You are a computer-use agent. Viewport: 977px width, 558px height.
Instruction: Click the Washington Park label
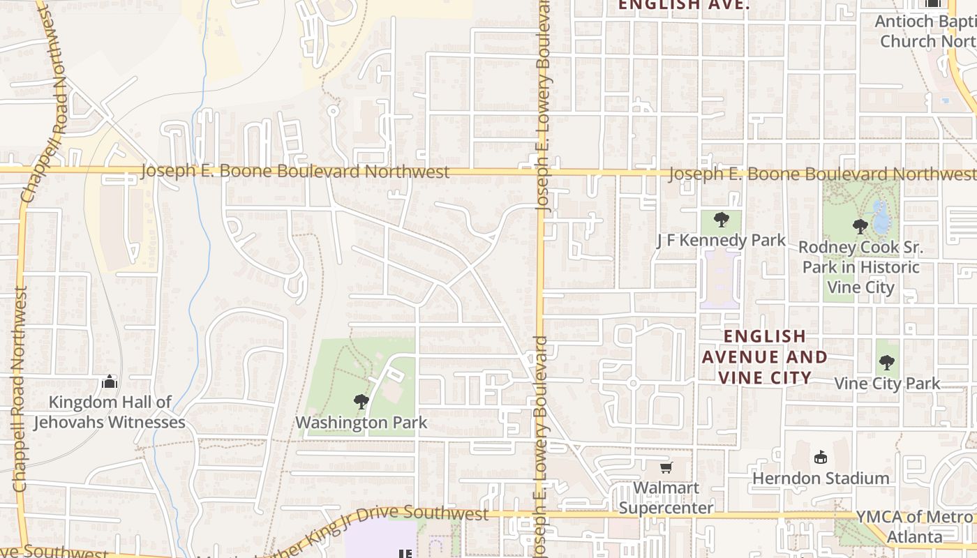coord(361,423)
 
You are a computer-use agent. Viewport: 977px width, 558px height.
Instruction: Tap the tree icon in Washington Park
coord(361,401)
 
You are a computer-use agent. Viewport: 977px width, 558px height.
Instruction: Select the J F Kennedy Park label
coord(721,241)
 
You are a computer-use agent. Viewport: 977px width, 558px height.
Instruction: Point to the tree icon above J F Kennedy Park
coord(722,220)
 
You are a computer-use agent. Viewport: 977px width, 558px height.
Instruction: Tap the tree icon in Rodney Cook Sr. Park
coord(860,226)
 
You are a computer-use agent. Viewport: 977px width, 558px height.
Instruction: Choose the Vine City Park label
coord(887,383)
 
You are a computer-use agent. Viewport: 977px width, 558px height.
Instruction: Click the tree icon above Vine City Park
coord(886,363)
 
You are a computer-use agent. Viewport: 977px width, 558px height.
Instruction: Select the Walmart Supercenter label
coord(666,497)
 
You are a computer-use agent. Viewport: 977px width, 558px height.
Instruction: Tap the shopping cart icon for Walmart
coord(666,467)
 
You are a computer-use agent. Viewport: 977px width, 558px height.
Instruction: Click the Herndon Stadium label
coord(821,478)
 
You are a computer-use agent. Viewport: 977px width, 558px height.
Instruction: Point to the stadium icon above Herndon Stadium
coord(821,458)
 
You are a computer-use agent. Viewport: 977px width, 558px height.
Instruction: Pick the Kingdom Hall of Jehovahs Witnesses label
coord(110,412)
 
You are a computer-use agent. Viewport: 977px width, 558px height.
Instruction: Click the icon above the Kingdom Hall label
coord(110,382)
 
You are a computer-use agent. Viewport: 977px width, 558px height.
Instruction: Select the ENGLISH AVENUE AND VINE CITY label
coord(764,357)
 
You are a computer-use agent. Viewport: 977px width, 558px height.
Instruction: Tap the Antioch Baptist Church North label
coord(925,31)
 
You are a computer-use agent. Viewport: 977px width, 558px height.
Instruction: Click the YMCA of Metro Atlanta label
coord(914,527)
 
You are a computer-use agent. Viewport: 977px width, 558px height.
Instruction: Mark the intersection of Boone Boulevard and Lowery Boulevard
coord(541,172)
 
